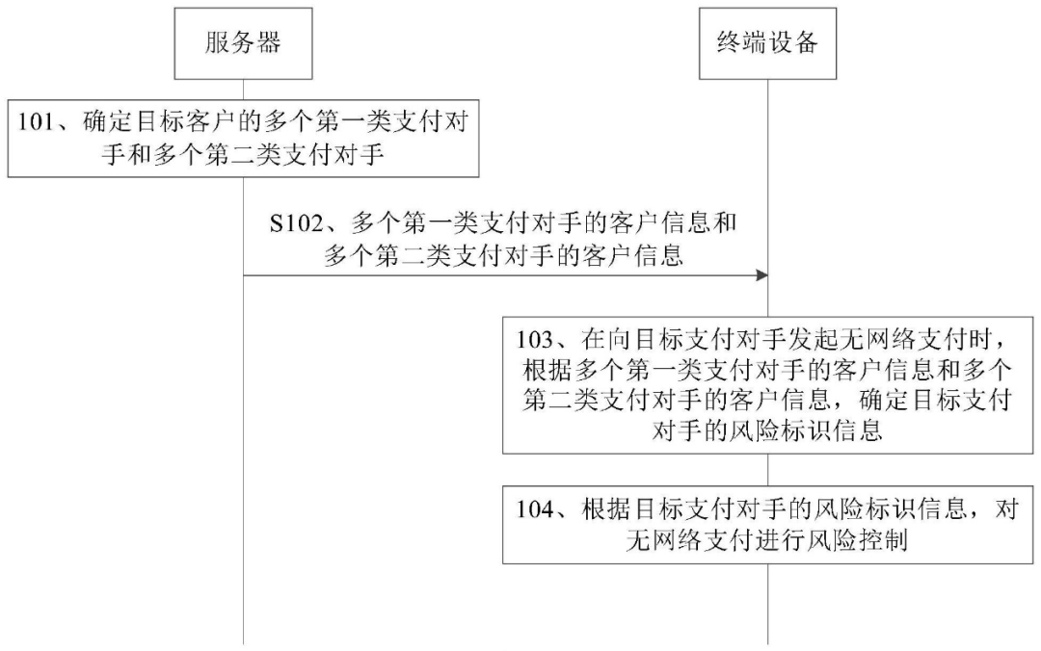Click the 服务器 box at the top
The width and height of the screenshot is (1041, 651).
[243, 43]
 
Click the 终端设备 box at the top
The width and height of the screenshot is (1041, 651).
[767, 43]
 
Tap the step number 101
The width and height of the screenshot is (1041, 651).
[36, 122]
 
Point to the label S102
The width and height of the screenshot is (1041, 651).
[296, 223]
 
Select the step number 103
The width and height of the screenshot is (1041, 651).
[535, 341]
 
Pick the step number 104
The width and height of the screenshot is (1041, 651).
[535, 509]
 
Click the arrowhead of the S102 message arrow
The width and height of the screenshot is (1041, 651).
[762, 274]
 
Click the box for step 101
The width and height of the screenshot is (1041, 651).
[243, 139]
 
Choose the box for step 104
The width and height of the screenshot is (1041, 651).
[767, 525]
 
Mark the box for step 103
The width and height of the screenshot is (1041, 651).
[767, 385]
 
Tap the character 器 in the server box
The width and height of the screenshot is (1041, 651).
[269, 43]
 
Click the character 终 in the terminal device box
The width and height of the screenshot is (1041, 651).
[729, 43]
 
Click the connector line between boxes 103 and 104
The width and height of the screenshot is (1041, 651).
[768, 470]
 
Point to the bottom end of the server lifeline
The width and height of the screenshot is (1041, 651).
[243, 643]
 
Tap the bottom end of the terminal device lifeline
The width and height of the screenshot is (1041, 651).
[768, 643]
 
